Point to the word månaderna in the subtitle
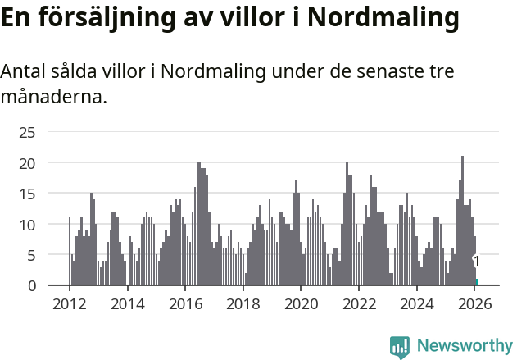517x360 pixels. coord(53,98)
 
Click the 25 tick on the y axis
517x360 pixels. coord(27,132)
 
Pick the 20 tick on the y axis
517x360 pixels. coord(27,163)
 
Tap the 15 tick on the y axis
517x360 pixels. coord(27,194)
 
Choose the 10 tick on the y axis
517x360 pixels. coord(27,225)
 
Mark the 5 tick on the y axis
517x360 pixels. coord(31,255)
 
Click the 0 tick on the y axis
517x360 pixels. coord(31,285)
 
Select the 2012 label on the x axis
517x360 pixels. coord(69,303)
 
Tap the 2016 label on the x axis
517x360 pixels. coord(185,303)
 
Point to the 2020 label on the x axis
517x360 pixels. coord(301,303)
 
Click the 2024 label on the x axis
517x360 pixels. coord(417,303)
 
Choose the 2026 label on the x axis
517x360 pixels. coord(475,303)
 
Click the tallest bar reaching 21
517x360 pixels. coord(462,221)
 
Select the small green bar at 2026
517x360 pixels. coord(477,282)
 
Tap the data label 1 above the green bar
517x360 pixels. coord(477,262)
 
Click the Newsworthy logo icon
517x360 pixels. coord(400,347)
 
